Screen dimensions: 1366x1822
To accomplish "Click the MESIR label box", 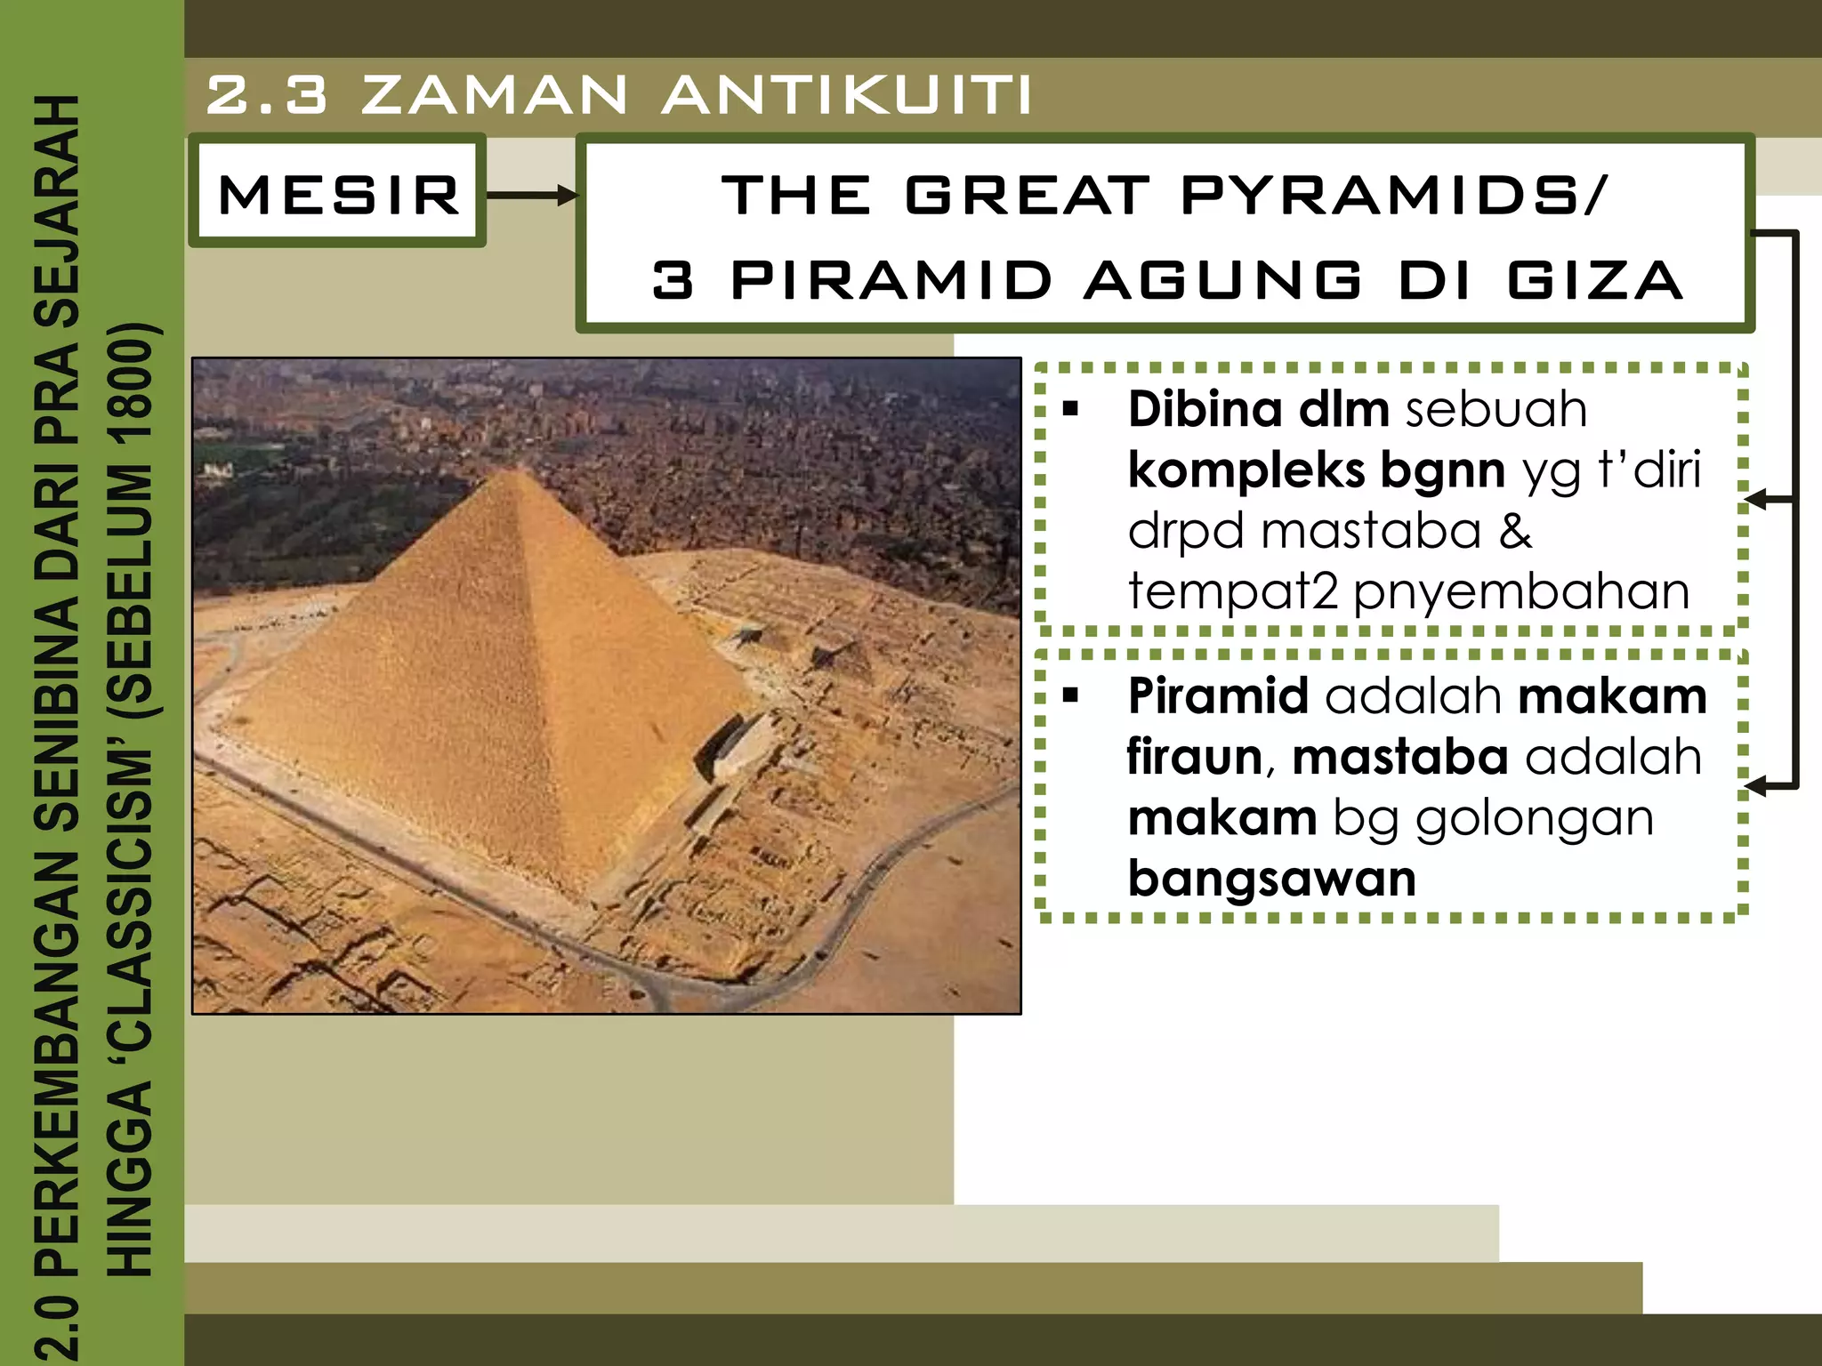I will [x=338, y=193].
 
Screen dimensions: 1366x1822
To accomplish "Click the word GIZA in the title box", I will [x=1594, y=279].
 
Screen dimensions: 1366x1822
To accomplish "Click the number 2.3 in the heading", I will [x=266, y=94].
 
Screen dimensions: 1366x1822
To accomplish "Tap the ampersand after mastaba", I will [x=1515, y=531].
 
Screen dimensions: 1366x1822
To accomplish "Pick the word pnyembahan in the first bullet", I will [x=1520, y=591].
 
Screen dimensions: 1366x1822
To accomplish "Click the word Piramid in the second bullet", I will [x=1217, y=695].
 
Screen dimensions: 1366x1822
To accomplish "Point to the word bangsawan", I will [x=1271, y=879].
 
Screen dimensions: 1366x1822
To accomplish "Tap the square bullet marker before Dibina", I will [x=1070, y=410].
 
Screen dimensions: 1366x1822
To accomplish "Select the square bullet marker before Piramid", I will [x=1070, y=695].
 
